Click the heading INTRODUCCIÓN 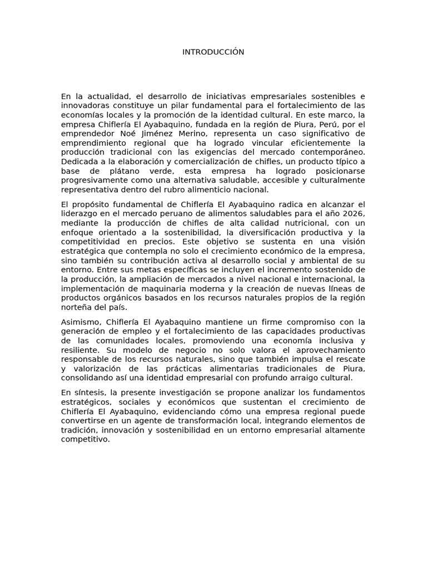tap(213, 52)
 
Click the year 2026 tap(352, 214)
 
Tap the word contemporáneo tap(332, 152)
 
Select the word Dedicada tap(80, 161)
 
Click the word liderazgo tap(81, 214)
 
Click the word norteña tap(77, 307)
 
